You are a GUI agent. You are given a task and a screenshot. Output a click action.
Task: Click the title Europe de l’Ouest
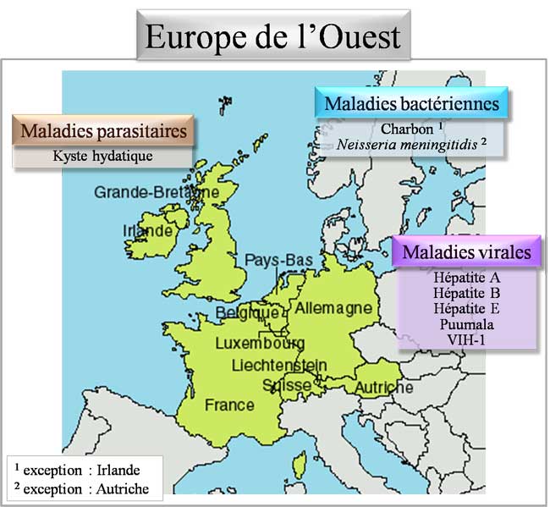(273, 36)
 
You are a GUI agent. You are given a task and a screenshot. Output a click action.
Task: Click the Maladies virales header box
(466, 251)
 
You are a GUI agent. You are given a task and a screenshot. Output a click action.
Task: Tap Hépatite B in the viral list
(466, 293)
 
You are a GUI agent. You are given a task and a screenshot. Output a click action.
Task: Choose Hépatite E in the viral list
(466, 308)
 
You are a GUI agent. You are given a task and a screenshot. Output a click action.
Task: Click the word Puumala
(466, 324)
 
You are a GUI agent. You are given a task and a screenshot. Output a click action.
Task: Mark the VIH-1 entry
(466, 339)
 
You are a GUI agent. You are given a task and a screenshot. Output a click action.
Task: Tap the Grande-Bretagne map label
(157, 192)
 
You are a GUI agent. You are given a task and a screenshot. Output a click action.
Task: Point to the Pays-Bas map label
(279, 259)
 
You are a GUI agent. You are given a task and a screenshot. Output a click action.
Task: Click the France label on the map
(229, 405)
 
